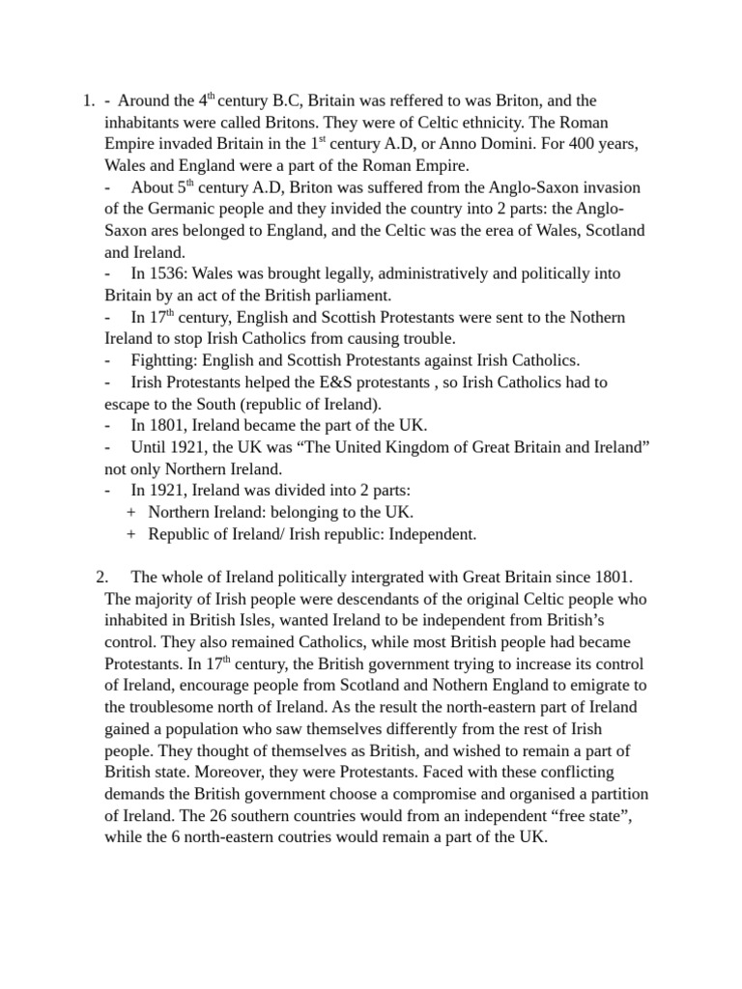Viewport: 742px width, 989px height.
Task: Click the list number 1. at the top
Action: click(x=88, y=100)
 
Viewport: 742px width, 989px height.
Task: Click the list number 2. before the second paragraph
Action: click(x=103, y=577)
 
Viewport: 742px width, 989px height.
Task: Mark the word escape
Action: click(x=128, y=404)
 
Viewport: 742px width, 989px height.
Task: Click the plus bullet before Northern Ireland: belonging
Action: click(x=130, y=512)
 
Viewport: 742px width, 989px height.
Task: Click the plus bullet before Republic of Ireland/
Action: click(x=130, y=534)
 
